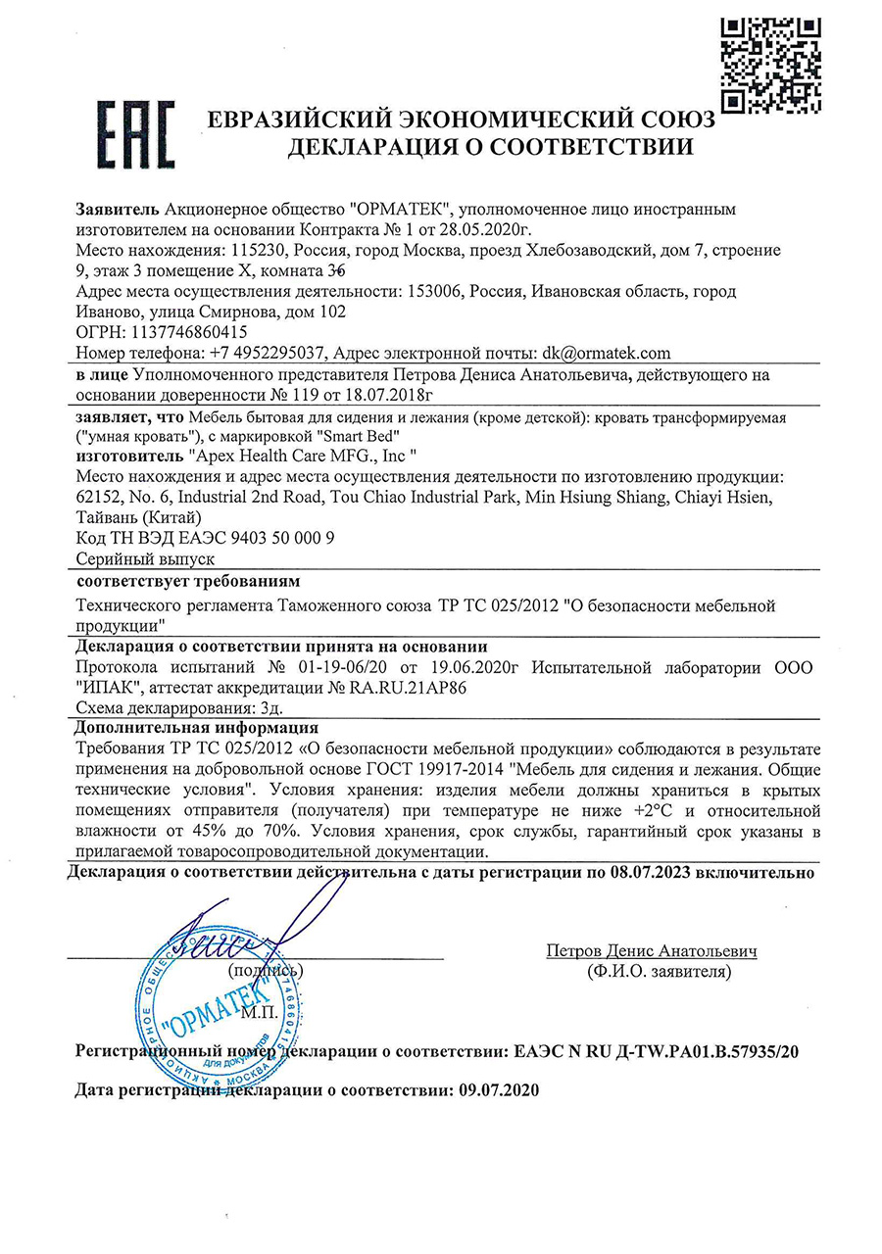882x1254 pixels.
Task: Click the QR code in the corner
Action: click(x=770, y=66)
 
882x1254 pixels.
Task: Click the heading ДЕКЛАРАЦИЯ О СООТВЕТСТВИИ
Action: click(x=490, y=148)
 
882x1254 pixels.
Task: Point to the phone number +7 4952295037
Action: click(x=265, y=354)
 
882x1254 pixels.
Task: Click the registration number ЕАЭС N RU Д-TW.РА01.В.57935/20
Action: click(x=657, y=1052)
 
